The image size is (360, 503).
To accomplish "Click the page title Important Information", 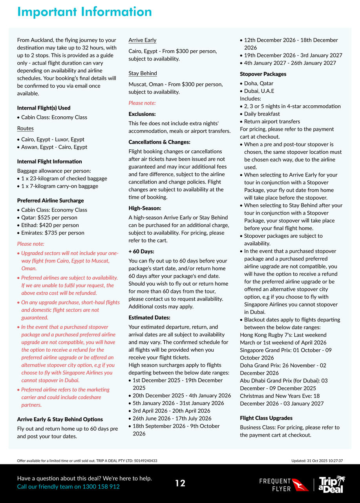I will (x=84, y=12).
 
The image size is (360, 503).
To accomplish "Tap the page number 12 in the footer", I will (x=180, y=483).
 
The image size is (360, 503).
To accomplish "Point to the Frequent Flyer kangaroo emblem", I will (x=301, y=485).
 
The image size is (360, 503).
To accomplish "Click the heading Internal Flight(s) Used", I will (x=44, y=108).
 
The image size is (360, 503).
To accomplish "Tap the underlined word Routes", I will (x=25, y=128).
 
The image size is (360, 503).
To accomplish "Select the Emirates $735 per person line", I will (x=53, y=233).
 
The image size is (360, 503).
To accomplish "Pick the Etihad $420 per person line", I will (x=50, y=225).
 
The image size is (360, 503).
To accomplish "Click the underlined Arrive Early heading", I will (x=142, y=40).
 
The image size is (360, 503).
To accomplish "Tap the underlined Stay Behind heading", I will (x=143, y=73).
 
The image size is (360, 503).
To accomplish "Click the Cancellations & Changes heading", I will (x=159, y=142).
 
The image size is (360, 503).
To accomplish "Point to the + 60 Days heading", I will (x=141, y=251).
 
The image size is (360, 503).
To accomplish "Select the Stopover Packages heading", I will (x=263, y=74).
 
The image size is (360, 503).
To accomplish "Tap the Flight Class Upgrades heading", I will (x=266, y=418).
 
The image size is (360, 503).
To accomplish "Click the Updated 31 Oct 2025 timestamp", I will (x=317, y=461).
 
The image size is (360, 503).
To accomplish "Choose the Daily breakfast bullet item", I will (x=262, y=114).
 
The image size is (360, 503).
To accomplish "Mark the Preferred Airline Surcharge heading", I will (x=50, y=200).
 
